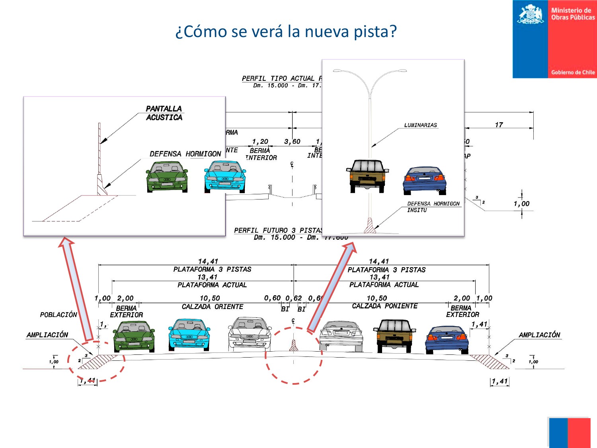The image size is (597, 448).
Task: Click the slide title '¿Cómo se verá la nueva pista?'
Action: point(286,31)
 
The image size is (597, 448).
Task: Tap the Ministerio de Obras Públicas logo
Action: point(554,39)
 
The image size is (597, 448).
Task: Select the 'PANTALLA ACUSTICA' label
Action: point(164,113)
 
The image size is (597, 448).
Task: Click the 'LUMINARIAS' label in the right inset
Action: point(420,125)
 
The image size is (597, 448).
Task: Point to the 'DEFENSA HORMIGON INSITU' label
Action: point(433,207)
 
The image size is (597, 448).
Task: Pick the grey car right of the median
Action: point(341,336)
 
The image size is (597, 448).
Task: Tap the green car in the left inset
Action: point(167,176)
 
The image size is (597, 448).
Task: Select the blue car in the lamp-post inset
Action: point(425,180)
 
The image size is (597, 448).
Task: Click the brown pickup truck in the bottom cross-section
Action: point(394,335)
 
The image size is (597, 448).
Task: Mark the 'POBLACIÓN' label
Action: point(59,315)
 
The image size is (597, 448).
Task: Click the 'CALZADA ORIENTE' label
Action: point(213,307)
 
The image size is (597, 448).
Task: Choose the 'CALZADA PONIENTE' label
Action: point(385,306)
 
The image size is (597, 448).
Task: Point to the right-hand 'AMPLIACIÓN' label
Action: point(539,335)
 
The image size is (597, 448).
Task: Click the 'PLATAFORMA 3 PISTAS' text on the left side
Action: point(212,270)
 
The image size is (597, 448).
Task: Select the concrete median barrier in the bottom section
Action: point(294,346)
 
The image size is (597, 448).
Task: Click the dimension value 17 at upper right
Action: point(499,125)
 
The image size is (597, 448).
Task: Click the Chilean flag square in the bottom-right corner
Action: point(568,432)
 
